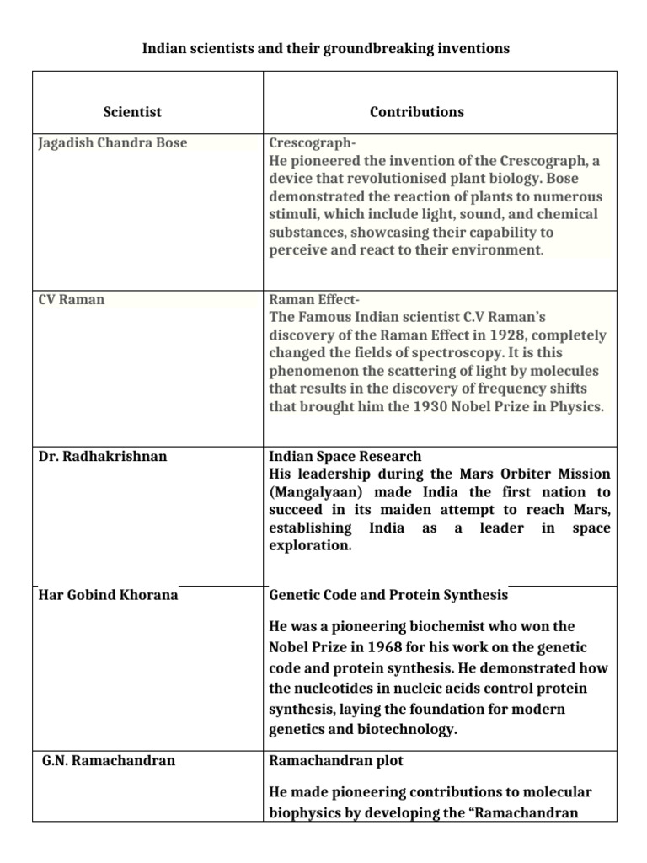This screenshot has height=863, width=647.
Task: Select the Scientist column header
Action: pos(132,112)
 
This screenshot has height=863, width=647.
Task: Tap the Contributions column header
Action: pos(416,112)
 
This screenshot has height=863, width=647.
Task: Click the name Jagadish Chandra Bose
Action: pos(112,142)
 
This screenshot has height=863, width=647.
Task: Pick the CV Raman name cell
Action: pos(72,299)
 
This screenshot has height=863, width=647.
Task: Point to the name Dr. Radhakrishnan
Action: pos(103,456)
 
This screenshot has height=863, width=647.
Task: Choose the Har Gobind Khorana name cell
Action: pos(109,595)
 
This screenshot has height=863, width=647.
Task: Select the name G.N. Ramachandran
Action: pos(109,760)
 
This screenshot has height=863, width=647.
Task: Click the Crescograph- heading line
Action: pos(307,142)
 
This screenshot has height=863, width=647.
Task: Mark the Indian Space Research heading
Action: pos(345,456)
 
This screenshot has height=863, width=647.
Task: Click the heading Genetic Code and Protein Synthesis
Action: pos(388,595)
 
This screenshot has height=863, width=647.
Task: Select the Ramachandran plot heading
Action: pos(335,760)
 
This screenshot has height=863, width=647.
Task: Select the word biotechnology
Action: pos(399,730)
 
